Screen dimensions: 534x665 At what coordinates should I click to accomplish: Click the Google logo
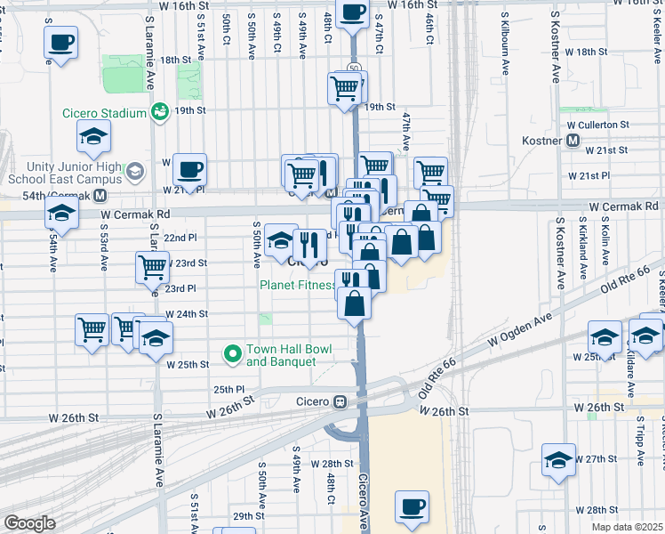click(29, 523)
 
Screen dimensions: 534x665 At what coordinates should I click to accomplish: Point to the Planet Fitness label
click(297, 285)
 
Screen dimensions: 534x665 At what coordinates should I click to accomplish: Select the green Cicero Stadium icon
click(160, 112)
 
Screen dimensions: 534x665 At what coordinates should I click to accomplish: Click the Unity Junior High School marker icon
click(135, 169)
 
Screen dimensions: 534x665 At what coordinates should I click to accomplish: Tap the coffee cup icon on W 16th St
click(353, 13)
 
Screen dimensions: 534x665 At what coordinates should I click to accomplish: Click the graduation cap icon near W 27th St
click(558, 460)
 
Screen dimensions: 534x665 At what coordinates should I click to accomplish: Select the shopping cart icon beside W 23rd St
click(152, 266)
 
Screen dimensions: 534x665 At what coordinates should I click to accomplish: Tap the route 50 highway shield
click(353, 69)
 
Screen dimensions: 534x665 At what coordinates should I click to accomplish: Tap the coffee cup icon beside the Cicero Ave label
click(412, 506)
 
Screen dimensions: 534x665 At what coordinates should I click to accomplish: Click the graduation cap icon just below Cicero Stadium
click(93, 137)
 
